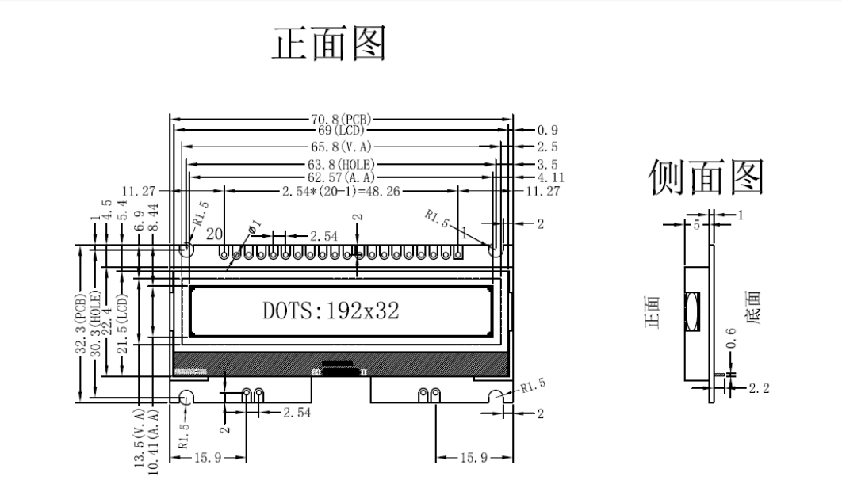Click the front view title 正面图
(x=329, y=44)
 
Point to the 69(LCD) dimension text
(x=342, y=130)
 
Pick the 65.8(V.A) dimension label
(x=342, y=147)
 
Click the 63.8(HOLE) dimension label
(x=342, y=165)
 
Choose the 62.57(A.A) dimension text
(x=342, y=177)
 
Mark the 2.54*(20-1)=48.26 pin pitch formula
(x=342, y=192)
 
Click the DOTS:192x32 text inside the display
(x=331, y=311)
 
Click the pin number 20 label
(x=213, y=234)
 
